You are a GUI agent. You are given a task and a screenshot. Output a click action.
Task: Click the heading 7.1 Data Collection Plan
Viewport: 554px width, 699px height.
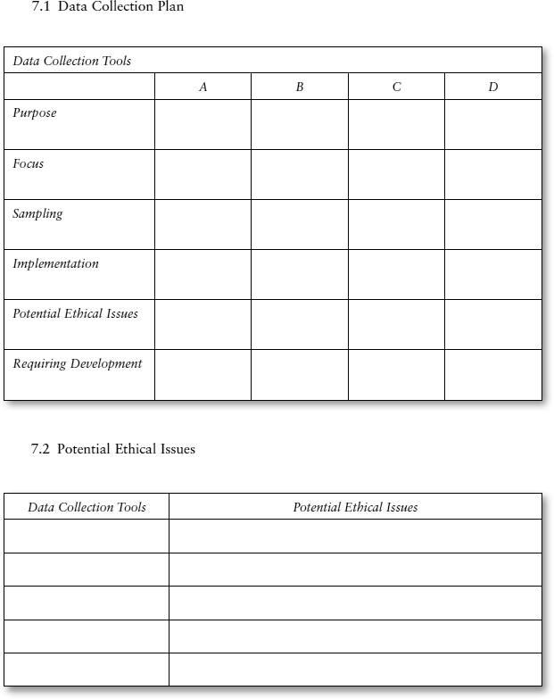[x=107, y=7]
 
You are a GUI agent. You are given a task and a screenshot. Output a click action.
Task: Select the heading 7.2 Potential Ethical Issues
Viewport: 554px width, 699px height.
[x=112, y=449]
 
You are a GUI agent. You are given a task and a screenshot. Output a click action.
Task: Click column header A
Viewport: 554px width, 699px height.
[x=203, y=87]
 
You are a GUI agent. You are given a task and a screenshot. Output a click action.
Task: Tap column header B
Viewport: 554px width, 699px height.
[x=299, y=87]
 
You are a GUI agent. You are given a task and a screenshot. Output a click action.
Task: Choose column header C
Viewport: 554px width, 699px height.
[x=396, y=87]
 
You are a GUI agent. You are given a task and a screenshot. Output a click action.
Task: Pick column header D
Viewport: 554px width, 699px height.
[x=492, y=87]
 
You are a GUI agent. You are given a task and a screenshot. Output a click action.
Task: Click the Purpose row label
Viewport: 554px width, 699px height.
[x=35, y=113]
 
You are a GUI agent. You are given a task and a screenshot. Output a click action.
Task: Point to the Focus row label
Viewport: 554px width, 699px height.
[x=29, y=164]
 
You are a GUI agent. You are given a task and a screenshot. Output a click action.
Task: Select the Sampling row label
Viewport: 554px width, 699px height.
[x=37, y=214]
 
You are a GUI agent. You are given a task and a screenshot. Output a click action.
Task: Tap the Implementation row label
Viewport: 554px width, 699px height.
[x=55, y=264]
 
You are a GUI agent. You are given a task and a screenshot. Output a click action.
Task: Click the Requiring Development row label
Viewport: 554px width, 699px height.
[x=77, y=364]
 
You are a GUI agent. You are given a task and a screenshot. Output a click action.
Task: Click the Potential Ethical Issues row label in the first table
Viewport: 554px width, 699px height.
[x=75, y=314]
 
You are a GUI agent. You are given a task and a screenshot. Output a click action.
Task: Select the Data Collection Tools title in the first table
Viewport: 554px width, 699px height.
[x=71, y=61]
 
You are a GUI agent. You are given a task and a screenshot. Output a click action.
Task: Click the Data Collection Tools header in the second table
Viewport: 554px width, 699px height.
[x=87, y=507]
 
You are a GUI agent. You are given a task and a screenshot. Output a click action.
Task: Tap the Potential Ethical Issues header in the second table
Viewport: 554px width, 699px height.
[x=355, y=507]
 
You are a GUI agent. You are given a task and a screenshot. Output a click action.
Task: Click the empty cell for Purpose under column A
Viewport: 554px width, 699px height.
[x=203, y=124]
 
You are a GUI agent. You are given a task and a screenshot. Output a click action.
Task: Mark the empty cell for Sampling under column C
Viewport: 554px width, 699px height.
[x=396, y=224]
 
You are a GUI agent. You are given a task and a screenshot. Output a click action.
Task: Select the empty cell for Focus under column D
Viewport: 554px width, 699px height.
[x=492, y=174]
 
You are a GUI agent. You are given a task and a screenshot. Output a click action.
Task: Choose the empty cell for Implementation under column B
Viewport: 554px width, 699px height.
[x=299, y=274]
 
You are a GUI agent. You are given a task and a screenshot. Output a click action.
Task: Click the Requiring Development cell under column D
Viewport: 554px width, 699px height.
[x=492, y=374]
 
